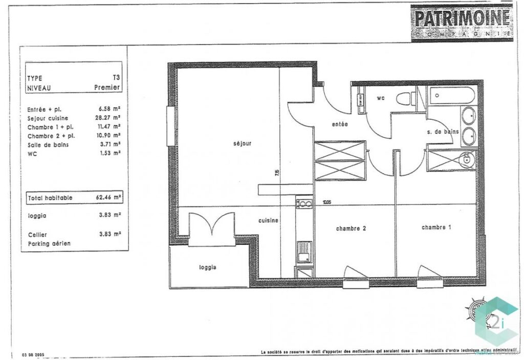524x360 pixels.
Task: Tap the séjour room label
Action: click(x=242, y=144)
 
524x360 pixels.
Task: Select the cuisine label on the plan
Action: click(x=268, y=221)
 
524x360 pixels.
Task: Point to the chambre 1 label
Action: click(x=436, y=227)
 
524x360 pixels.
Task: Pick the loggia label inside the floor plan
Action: click(x=208, y=267)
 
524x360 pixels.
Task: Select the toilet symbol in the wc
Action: click(x=408, y=98)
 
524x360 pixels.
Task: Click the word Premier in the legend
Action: click(x=107, y=88)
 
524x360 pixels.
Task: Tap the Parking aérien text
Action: click(x=49, y=244)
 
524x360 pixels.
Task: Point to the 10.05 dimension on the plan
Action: click(x=326, y=202)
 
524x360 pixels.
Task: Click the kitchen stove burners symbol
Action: click(x=304, y=204)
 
